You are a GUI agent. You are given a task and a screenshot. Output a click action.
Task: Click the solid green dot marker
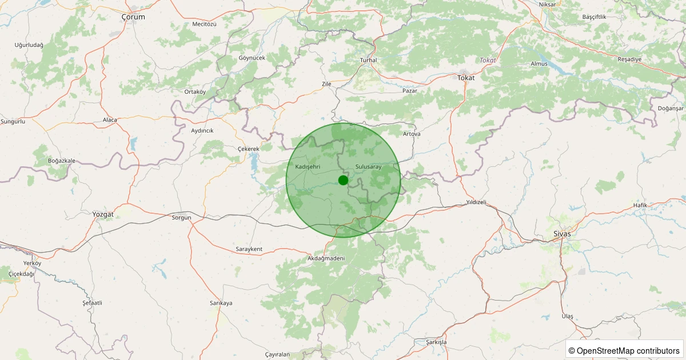[x=343, y=180]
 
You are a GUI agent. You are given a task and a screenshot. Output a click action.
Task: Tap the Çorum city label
[x=133, y=17]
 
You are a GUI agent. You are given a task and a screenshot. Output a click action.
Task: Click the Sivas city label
[x=562, y=234]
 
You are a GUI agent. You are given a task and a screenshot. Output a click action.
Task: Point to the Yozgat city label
[x=103, y=214]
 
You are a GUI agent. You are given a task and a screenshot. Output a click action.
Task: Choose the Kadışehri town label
[x=308, y=166]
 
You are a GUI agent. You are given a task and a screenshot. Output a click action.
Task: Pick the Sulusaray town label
[x=368, y=166]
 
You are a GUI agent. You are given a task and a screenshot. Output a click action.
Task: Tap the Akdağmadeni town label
[x=326, y=258]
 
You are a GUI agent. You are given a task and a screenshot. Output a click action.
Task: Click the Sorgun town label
[x=181, y=218]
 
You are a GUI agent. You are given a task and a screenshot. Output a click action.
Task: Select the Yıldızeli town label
[x=476, y=202]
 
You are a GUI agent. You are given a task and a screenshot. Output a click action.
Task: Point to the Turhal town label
[x=369, y=60]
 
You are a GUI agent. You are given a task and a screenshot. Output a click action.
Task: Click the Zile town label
[x=326, y=84]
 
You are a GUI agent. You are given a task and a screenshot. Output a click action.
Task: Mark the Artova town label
[x=412, y=134]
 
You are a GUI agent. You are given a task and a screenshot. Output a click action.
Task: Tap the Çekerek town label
[x=248, y=149]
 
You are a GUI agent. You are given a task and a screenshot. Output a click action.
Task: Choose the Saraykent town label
[x=249, y=249]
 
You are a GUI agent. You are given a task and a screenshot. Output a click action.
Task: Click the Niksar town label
[x=547, y=5]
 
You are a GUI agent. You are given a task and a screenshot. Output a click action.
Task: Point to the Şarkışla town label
[x=436, y=342]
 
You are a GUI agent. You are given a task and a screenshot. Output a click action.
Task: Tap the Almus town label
[x=539, y=63]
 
